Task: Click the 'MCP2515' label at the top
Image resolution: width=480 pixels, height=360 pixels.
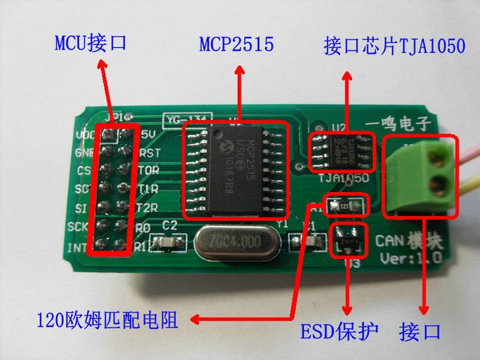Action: (x=236, y=46)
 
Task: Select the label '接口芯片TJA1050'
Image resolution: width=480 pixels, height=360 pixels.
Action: (x=394, y=46)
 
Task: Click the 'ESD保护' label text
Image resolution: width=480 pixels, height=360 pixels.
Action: (x=336, y=330)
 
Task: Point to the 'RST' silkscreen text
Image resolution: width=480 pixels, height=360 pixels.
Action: (x=149, y=151)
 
